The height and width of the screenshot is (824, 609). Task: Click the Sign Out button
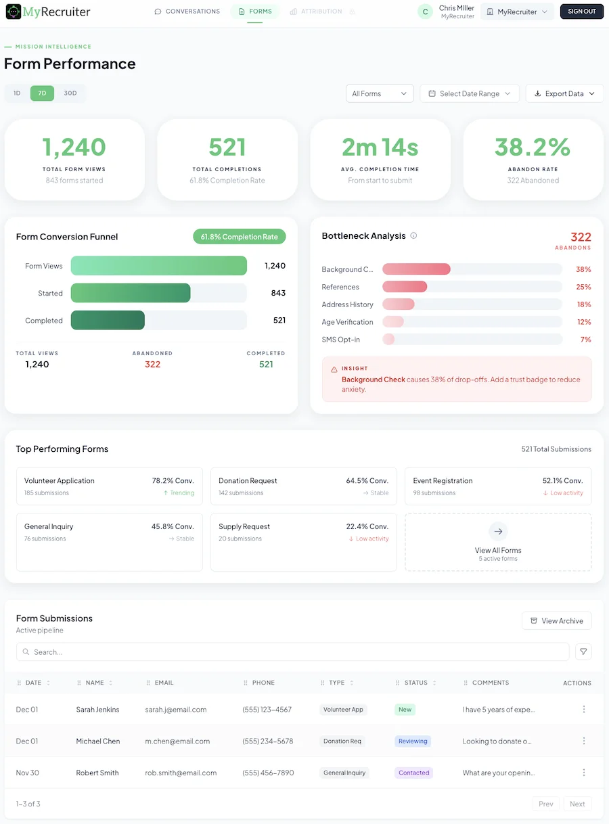tap(581, 12)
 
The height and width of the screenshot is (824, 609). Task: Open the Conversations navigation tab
tap(187, 12)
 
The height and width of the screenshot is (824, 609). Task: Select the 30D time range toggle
tap(70, 93)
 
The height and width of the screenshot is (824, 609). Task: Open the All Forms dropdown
tap(379, 93)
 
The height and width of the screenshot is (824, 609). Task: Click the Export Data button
tap(564, 93)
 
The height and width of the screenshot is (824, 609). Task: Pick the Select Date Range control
tap(469, 93)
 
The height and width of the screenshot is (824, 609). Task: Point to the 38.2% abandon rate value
tap(533, 147)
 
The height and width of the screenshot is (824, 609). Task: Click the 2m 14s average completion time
tap(380, 147)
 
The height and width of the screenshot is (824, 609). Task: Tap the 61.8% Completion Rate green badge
tap(239, 237)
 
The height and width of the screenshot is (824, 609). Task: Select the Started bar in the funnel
tap(131, 293)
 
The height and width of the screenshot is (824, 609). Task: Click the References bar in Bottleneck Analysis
tap(405, 287)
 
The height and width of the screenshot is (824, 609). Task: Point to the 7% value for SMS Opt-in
tap(585, 340)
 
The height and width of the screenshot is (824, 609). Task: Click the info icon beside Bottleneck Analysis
tap(413, 236)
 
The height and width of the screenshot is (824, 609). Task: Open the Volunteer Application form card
tap(109, 486)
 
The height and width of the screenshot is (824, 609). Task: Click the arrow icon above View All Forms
tap(498, 531)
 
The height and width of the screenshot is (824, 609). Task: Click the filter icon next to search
tap(583, 651)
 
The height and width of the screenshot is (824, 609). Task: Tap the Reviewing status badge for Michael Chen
tap(413, 741)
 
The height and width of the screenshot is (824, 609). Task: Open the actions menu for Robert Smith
tap(584, 773)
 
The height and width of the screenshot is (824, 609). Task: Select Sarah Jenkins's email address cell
tap(176, 710)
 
